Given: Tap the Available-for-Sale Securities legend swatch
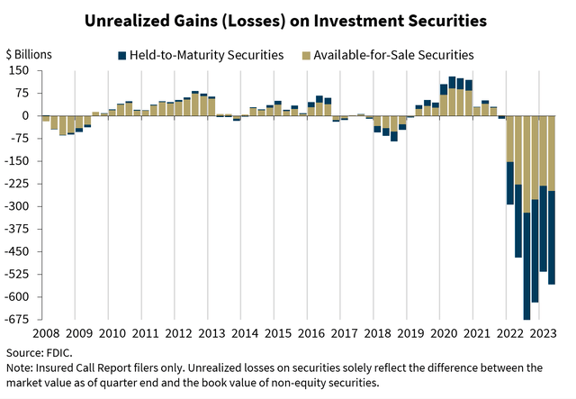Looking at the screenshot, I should pyautogui.click(x=308, y=55).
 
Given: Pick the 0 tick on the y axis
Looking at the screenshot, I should pyautogui.click(x=26, y=116).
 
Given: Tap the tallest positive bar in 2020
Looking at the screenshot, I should pyautogui.click(x=452, y=96).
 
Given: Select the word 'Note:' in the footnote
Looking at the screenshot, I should pyautogui.click(x=21, y=367).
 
